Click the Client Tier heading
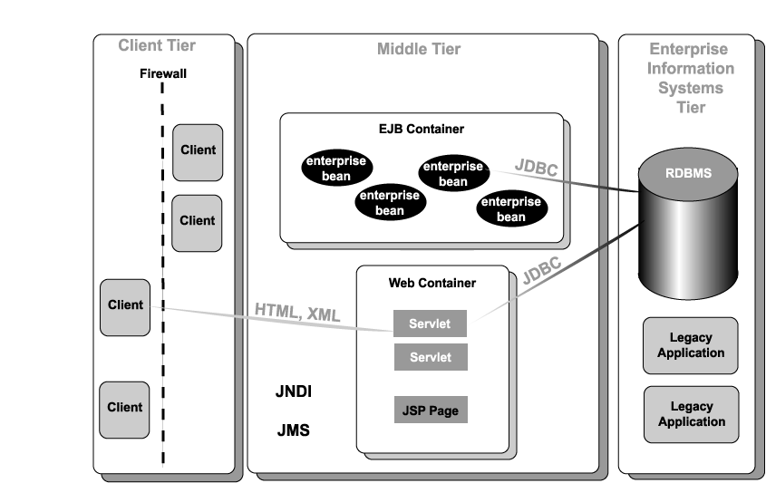[157, 45]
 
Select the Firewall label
[163, 74]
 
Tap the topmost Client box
[198, 151]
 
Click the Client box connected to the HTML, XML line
[125, 306]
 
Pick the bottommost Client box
[125, 408]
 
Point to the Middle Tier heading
[418, 49]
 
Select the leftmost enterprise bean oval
[336, 168]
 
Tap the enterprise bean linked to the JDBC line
[453, 173]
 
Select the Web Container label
[431, 283]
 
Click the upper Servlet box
[430, 324]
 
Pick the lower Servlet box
[430, 357]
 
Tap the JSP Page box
[430, 411]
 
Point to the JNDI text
[293, 392]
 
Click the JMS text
[293, 430]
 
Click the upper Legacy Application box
[691, 345]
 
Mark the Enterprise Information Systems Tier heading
[691, 77]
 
